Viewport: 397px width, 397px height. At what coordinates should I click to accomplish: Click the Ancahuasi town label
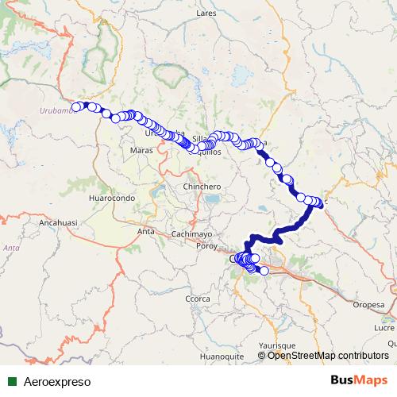pyautogui.click(x=57, y=224)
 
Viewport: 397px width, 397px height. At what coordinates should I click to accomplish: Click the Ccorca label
pyautogui.click(x=197, y=298)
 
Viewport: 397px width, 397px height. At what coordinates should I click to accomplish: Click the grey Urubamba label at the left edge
pyautogui.click(x=55, y=111)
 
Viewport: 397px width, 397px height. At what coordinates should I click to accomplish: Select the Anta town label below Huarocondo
pyautogui.click(x=145, y=231)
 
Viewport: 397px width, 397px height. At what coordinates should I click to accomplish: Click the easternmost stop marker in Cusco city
pyautogui.click(x=264, y=272)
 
